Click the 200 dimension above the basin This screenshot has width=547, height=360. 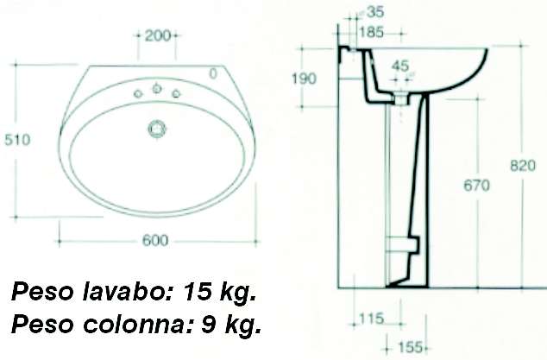[157, 35]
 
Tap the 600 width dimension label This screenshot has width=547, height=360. [155, 240]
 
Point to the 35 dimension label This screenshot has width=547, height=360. [375, 12]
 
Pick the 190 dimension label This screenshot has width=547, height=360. [304, 79]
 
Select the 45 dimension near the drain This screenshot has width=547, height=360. [399, 66]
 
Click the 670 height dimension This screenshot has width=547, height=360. [475, 186]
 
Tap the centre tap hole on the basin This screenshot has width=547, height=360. [156, 88]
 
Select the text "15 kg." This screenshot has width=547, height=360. [219, 294]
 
